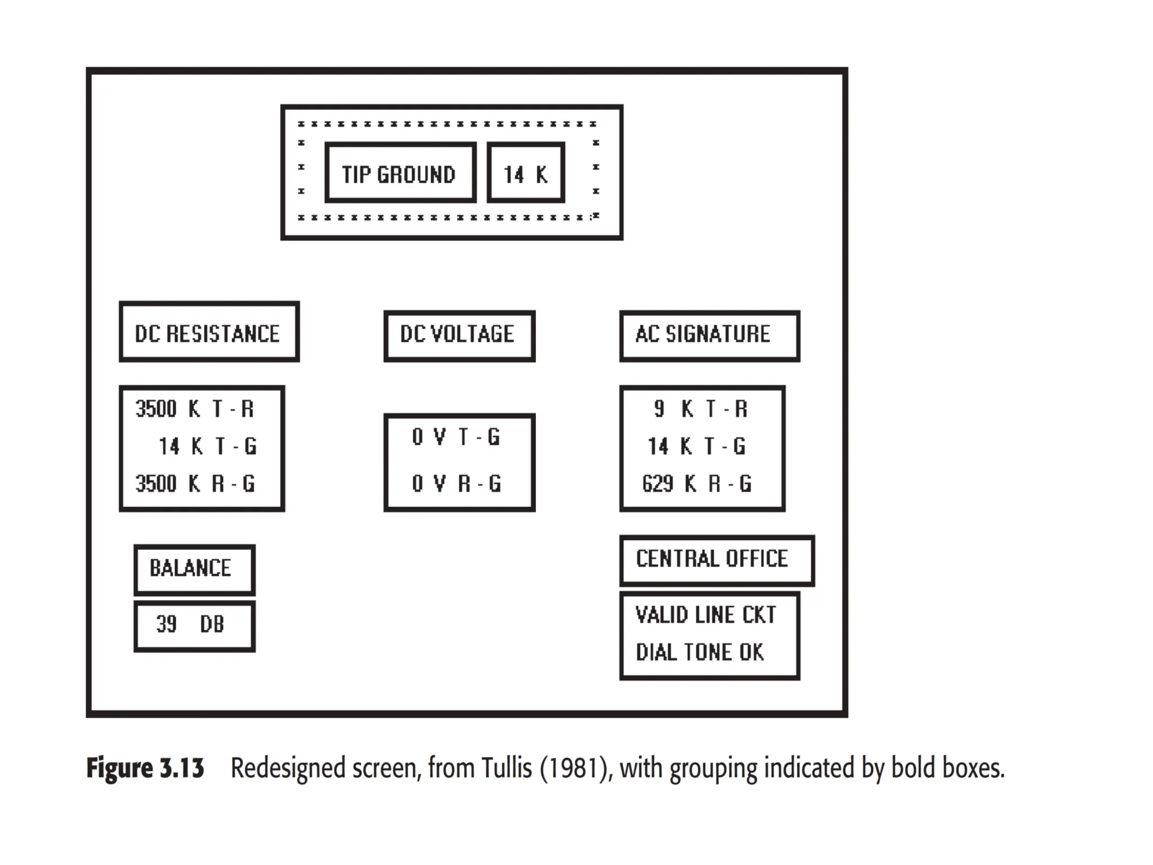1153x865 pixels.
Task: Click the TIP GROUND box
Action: pyautogui.click(x=400, y=173)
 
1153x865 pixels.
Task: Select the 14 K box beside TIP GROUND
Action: pyautogui.click(x=526, y=173)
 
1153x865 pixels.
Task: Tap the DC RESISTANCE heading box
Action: pyautogui.click(x=209, y=332)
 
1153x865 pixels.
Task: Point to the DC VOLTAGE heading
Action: pyautogui.click(x=459, y=335)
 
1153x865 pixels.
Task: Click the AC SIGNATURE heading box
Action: pyautogui.click(x=709, y=335)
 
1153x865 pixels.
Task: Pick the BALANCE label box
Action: pyautogui.click(x=194, y=569)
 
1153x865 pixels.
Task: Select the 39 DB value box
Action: pyautogui.click(x=194, y=625)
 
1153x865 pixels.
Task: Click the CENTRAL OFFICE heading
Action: pyautogui.click(x=716, y=560)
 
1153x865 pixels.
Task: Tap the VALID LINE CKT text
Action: pyautogui.click(x=705, y=614)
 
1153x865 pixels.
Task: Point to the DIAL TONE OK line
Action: pyautogui.click(x=700, y=652)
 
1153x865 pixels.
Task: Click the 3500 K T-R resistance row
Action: pyautogui.click(x=195, y=409)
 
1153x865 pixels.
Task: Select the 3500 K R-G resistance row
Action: pyautogui.click(x=195, y=484)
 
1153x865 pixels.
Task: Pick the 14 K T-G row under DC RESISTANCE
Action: pyautogui.click(x=207, y=447)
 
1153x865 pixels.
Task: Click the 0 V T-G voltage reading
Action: pyautogui.click(x=456, y=437)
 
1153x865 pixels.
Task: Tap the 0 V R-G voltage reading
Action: pyautogui.click(x=456, y=484)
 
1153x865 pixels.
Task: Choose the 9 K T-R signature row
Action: pyautogui.click(x=701, y=409)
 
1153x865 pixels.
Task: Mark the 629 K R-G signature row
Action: pyautogui.click(x=697, y=484)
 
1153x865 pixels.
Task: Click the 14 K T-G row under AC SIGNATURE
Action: pyautogui.click(x=697, y=447)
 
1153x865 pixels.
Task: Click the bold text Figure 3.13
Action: pyautogui.click(x=145, y=769)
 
